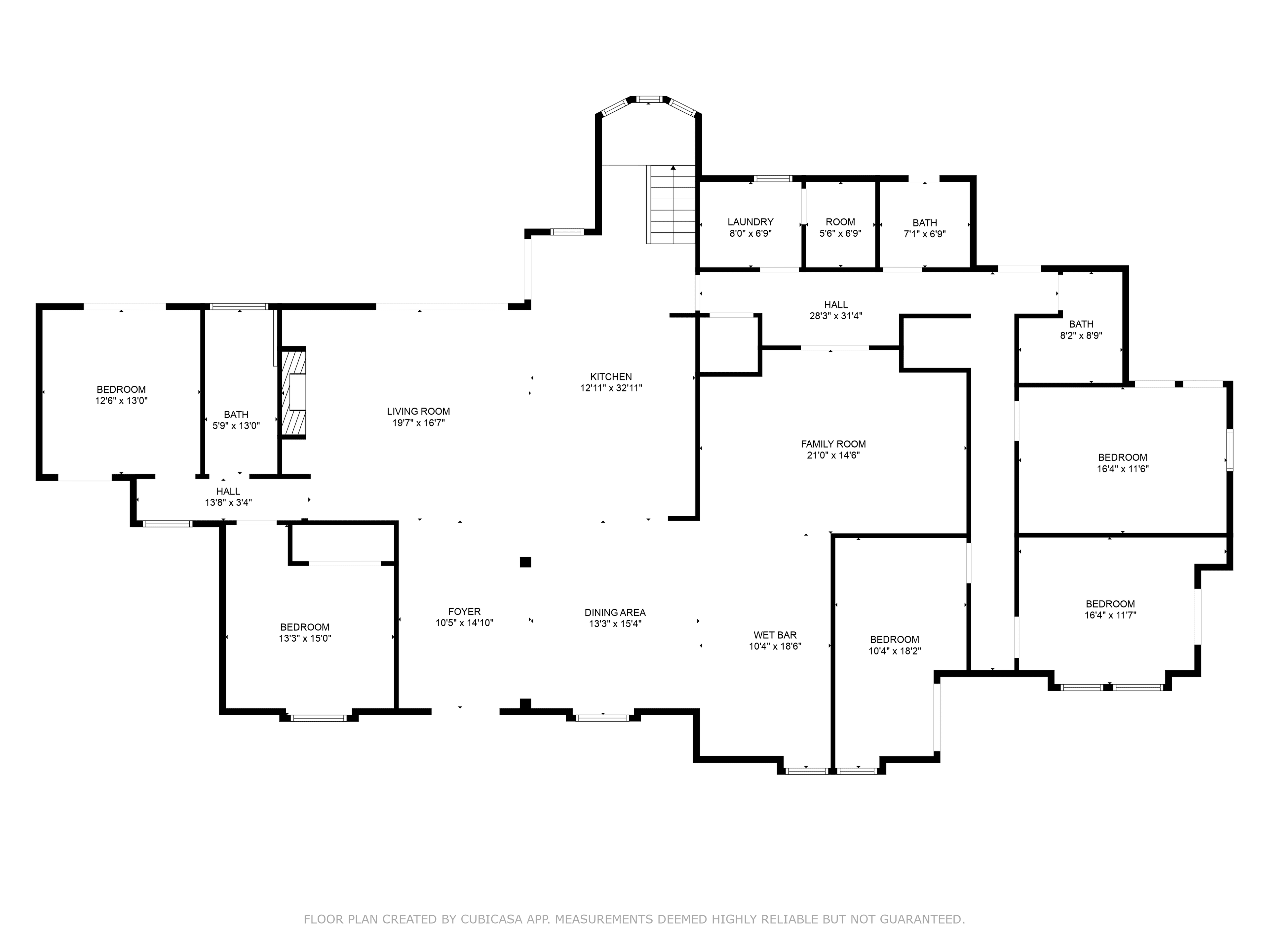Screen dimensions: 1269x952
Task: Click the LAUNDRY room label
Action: pos(750,222)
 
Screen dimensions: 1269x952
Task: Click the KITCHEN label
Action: pos(611,377)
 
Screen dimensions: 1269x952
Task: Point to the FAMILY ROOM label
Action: pos(833,444)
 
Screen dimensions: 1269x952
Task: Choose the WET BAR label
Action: pos(775,635)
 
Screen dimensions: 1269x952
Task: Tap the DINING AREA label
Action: pos(615,613)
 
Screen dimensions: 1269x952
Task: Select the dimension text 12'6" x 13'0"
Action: pos(122,401)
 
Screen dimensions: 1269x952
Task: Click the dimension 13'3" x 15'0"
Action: pos(305,638)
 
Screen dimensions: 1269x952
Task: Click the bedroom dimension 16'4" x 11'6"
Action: pos(1123,469)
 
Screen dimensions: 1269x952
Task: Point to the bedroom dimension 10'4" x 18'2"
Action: pos(895,651)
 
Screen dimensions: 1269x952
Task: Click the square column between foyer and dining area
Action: pos(525,562)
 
